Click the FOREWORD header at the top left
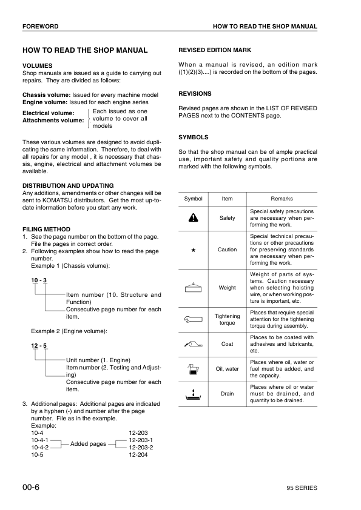click(x=41, y=27)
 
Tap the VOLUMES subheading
click(x=37, y=65)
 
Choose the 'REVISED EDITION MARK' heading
click(x=214, y=50)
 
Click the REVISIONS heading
click(x=195, y=94)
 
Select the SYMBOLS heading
click(x=194, y=137)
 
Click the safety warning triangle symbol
click(x=193, y=218)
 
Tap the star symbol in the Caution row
click(x=193, y=250)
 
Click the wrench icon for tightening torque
click(x=193, y=316)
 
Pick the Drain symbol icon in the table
click(x=193, y=394)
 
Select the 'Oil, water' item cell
click(x=227, y=368)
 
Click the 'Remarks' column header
click(x=282, y=199)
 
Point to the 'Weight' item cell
click(x=227, y=288)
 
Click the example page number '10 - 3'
click(x=39, y=280)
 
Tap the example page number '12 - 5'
click(x=39, y=346)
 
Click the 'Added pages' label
click(x=89, y=444)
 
